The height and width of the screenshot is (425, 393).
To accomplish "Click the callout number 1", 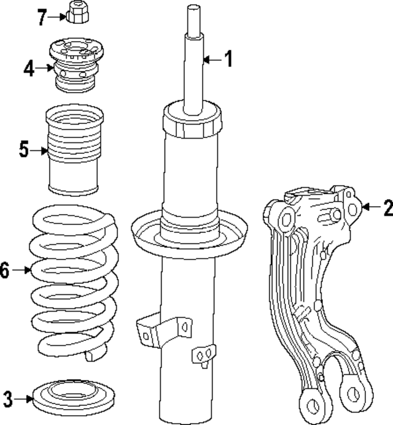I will point(228,59).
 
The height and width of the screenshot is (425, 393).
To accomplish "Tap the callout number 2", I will point(387,208).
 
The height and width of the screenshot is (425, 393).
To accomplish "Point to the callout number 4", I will point(29,68).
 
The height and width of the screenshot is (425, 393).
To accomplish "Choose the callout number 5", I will point(23,149).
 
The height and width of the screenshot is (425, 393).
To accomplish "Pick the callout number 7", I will point(42,17).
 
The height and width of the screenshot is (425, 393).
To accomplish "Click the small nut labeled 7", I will point(77,12).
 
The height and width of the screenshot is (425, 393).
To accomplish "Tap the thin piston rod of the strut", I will point(193,61).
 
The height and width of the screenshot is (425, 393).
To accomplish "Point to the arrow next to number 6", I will point(21,270).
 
